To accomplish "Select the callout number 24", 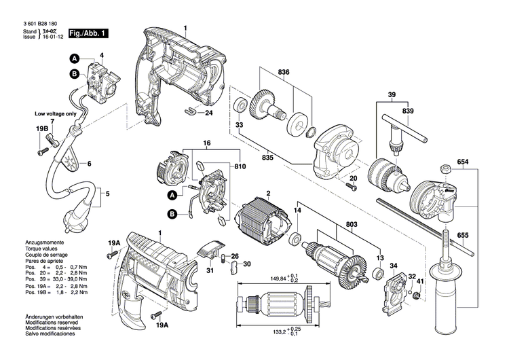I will pos(208,113).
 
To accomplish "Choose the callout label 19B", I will pos(42,127).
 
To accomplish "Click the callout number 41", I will pos(420,282).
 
